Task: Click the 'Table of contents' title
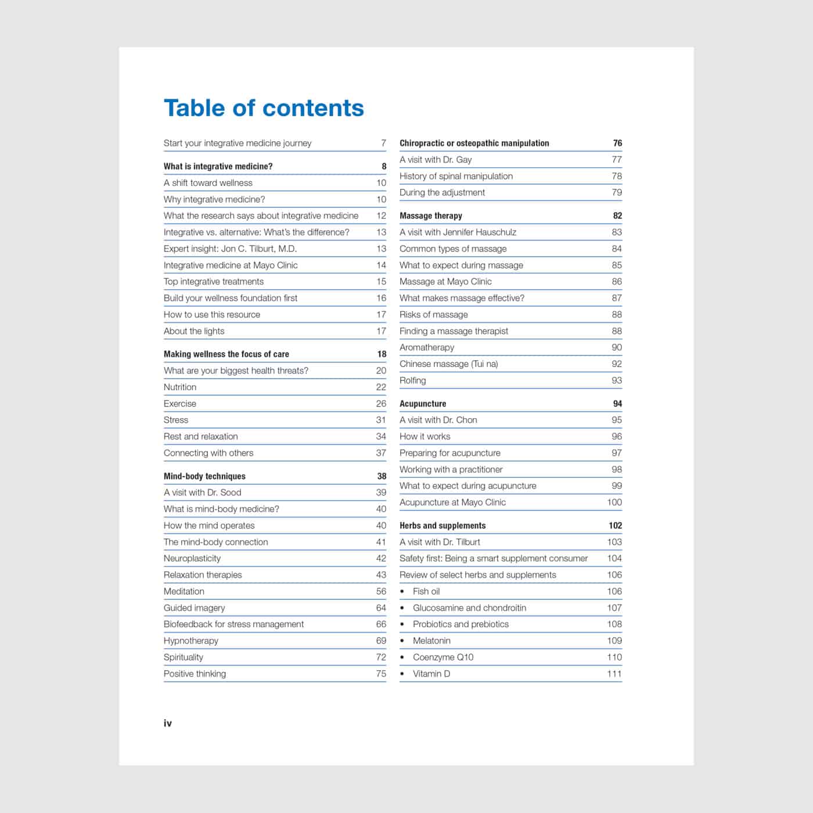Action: click(264, 108)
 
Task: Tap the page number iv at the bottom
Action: click(168, 723)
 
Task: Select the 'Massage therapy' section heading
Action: click(431, 215)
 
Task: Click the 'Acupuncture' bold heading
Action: click(423, 404)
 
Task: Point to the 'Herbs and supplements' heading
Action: click(443, 526)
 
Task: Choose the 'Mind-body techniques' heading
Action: click(204, 476)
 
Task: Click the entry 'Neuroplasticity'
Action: click(192, 559)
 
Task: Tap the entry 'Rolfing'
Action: click(413, 380)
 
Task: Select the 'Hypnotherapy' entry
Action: click(191, 641)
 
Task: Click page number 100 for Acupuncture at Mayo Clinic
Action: click(614, 502)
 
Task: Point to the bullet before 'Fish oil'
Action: click(402, 592)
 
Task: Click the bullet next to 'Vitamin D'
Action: click(402, 674)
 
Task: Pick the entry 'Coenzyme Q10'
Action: click(443, 657)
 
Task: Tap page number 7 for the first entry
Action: click(383, 143)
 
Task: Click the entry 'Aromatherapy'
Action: click(427, 347)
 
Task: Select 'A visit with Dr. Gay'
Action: click(436, 160)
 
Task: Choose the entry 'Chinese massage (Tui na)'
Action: click(448, 364)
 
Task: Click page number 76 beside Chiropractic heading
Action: click(617, 143)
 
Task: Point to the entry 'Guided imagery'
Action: click(194, 608)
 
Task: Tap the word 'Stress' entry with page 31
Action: click(176, 420)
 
